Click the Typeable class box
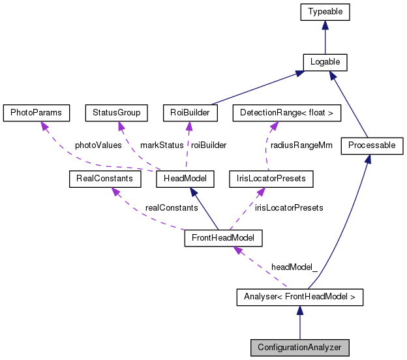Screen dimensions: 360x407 coord(325,11)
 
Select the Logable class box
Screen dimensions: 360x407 coord(325,62)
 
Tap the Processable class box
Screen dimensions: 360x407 coord(372,145)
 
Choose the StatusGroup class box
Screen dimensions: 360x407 coord(116,113)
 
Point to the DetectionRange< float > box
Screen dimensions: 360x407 coord(286,113)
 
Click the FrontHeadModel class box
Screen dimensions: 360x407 coord(223,238)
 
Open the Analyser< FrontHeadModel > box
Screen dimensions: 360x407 coord(299,298)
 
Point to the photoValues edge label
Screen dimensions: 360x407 coord(98,145)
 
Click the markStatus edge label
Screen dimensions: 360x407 coord(162,145)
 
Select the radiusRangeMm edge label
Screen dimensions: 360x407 coord(301,145)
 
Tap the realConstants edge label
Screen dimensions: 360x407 coord(172,207)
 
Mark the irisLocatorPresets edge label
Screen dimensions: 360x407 coord(289,207)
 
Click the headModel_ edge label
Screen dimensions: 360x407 coord(295,268)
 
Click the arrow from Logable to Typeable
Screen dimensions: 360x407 coord(325,37)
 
